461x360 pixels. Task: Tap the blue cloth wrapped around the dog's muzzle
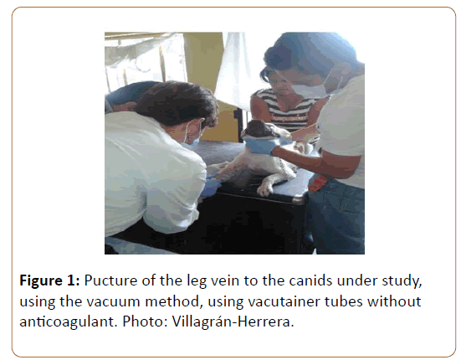click(260, 145)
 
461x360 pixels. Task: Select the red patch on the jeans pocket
click(318, 183)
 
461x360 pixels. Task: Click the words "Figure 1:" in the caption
click(49, 280)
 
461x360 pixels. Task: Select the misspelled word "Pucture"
click(110, 280)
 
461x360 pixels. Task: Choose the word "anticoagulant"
click(66, 322)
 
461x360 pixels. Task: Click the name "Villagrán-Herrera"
click(233, 321)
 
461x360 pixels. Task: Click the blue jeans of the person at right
click(336, 218)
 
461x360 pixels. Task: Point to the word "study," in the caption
click(402, 281)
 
